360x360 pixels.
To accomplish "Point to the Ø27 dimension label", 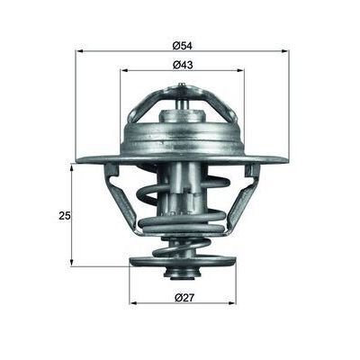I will pyautogui.click(x=183, y=297).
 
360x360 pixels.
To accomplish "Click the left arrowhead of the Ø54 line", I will pyautogui.click(x=78, y=50).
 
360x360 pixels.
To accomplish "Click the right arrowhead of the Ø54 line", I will pyautogui.click(x=285, y=50).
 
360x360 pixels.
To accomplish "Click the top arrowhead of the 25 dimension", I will pyautogui.click(x=72, y=166).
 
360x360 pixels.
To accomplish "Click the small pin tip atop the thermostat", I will pyautogui.click(x=183, y=86).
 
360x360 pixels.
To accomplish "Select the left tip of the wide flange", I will pyautogui.click(x=79, y=160).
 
